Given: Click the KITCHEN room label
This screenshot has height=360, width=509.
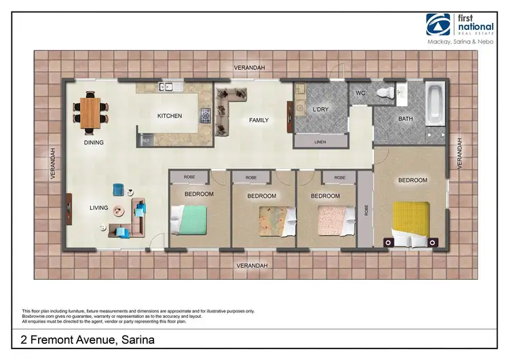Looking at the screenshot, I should (x=170, y=116).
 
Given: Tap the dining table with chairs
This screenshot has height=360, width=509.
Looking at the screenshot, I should (x=90, y=111).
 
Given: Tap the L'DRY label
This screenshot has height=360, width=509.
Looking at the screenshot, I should (x=320, y=109).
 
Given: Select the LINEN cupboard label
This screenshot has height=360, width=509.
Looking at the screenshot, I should (x=320, y=143).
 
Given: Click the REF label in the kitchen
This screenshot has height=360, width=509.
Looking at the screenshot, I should (x=145, y=140).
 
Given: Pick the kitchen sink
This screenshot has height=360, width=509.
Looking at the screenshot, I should (x=167, y=86).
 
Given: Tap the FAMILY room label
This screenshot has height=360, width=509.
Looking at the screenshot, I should (x=259, y=120).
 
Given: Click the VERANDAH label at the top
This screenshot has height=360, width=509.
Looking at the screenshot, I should (x=249, y=68).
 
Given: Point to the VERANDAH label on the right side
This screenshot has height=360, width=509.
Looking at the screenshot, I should (x=459, y=154).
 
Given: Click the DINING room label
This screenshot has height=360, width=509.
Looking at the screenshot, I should (x=94, y=143).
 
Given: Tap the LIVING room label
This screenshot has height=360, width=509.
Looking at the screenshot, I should (x=98, y=208).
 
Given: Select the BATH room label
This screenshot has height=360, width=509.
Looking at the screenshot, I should (x=406, y=119).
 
